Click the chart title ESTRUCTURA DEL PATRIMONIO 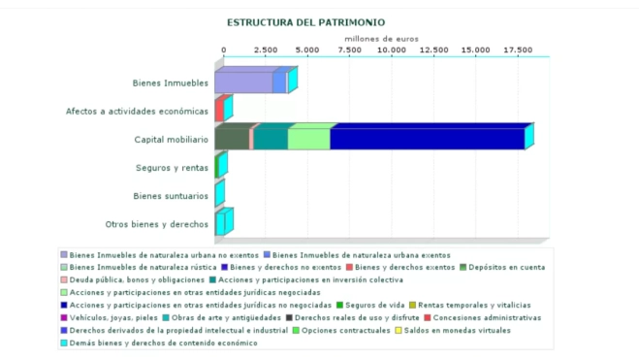click(305, 21)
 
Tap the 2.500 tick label click(266, 49)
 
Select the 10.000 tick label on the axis click(392, 49)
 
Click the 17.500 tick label click(518, 49)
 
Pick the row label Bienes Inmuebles click(171, 83)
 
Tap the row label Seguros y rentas click(172, 168)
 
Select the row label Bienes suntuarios click(171, 196)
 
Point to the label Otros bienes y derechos click(157, 224)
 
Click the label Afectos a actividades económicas click(137, 111)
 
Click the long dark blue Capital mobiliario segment click(427, 139)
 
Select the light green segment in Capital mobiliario click(309, 139)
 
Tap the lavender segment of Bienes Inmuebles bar click(243, 82)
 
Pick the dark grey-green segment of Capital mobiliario click(232, 139)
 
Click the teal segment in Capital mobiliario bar click(271, 139)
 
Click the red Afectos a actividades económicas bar click(219, 110)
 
